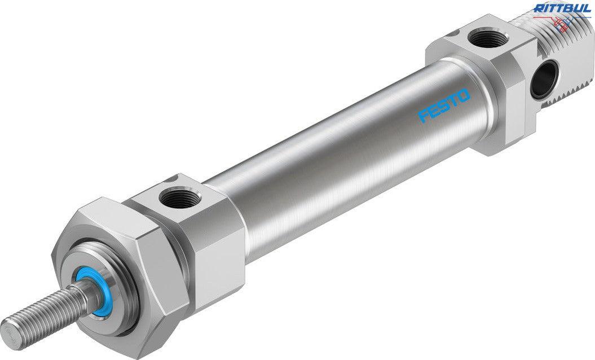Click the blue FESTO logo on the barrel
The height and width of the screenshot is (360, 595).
coord(444,106)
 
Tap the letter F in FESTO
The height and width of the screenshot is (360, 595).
coord(423,116)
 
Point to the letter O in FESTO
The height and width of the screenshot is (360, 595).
coord(464,96)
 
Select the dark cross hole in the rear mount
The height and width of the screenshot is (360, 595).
coord(542,80)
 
